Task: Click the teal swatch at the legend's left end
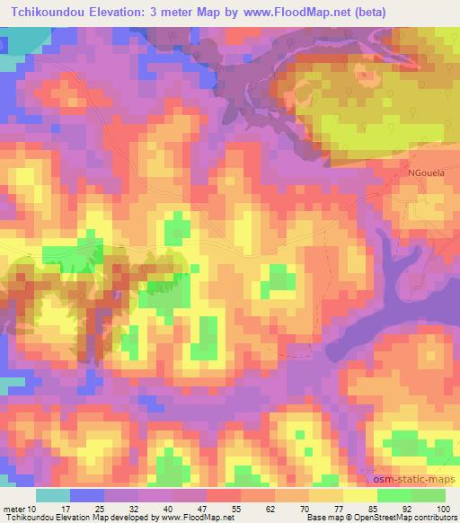[53, 495]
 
